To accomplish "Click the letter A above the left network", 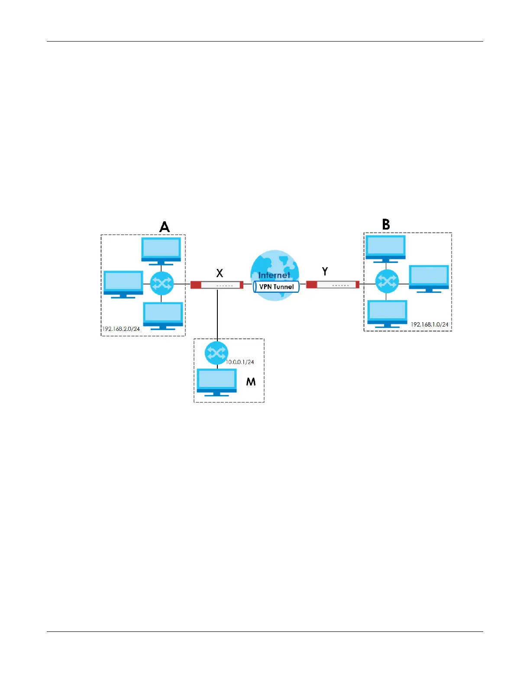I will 165,227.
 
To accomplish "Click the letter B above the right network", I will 386,224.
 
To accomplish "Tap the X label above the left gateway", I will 220,273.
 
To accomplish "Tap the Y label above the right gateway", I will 325,272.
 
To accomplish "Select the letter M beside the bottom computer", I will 251,382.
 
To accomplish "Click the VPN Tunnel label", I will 276,287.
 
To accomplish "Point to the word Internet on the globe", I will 274,275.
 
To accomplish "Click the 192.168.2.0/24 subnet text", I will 121,329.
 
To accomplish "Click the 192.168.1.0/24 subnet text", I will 430,324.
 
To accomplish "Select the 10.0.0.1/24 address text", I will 240,362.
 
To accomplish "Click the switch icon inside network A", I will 162,284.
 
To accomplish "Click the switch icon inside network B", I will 386,282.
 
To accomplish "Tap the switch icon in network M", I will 217,353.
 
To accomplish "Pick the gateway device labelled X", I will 217,285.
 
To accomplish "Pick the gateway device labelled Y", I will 333,285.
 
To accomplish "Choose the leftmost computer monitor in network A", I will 123,283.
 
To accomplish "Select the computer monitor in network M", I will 217,381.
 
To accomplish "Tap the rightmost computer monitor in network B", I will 429,278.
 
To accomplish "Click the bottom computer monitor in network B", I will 387,313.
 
